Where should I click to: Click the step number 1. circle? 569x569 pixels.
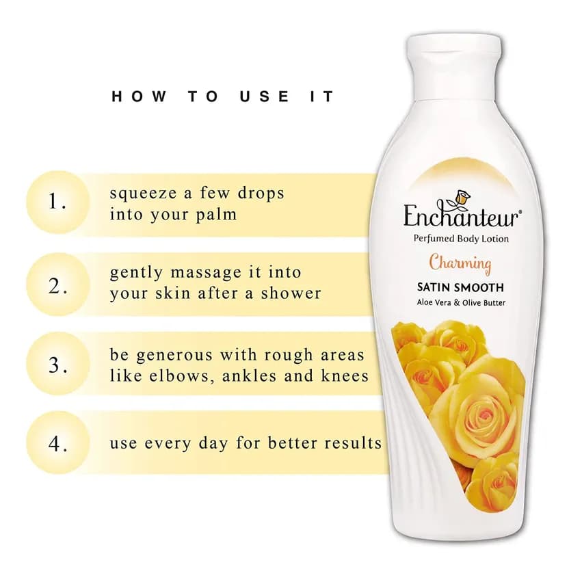[57, 202]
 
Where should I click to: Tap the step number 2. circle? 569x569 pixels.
[57, 284]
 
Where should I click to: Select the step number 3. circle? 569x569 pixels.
[57, 364]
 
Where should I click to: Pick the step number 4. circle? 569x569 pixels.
[57, 442]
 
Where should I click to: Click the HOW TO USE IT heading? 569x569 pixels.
[223, 96]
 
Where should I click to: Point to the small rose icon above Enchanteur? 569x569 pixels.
[463, 196]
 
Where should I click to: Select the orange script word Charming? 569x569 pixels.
[460, 263]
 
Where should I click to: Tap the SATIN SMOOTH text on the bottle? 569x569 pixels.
[460, 287]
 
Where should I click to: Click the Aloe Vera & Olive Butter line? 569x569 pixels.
[460, 303]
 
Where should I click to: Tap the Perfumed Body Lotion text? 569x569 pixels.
[462, 239]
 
